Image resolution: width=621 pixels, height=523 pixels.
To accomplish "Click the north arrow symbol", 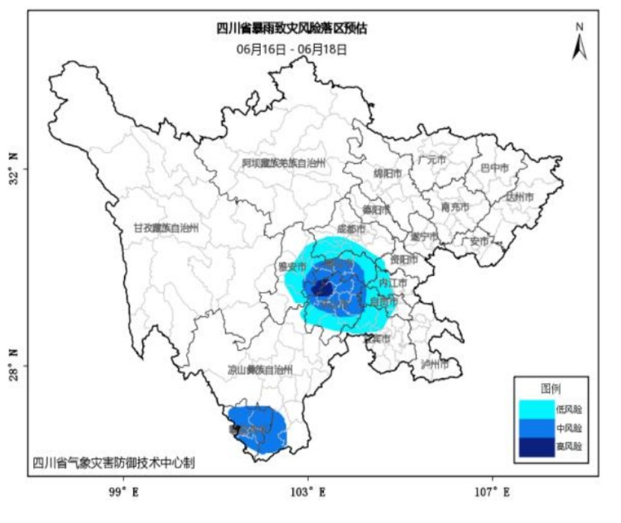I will click(579, 41).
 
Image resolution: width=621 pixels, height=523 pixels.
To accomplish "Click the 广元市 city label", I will click(432, 159).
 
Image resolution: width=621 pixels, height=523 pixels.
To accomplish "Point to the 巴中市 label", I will click(494, 168).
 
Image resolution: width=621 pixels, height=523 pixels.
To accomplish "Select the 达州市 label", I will click(519, 197).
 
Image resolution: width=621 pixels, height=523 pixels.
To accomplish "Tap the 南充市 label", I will click(455, 207).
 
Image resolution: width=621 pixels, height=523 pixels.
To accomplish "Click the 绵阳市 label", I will click(388, 173).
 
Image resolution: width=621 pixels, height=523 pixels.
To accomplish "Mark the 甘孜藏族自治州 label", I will click(167, 228).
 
